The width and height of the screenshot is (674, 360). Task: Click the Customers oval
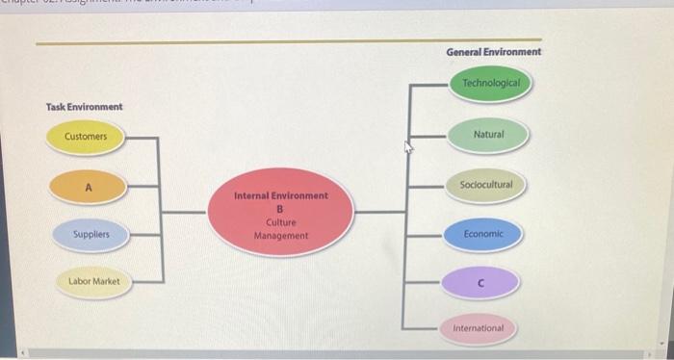coord(86,137)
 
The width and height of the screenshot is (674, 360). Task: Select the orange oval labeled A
coord(88,188)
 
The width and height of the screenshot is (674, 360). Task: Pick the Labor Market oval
coord(93,281)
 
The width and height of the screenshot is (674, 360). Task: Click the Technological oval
coord(490,84)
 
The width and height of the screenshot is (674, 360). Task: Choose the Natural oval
coord(488,134)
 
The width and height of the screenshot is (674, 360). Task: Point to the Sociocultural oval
coord(486,184)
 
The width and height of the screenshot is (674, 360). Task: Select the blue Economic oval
coord(482,234)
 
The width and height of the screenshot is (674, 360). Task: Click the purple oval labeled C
coord(480,282)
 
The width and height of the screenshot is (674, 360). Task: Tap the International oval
coord(479,328)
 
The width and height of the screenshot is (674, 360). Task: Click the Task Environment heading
coord(84,106)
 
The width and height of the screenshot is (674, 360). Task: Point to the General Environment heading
coord(493,51)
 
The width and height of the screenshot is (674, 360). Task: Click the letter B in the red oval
coord(280,208)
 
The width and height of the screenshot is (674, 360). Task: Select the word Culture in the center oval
coord(281,221)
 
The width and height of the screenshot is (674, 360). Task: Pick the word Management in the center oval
coord(281,235)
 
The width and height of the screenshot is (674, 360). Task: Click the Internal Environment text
coord(281,195)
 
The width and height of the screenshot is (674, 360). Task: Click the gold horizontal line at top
coord(231,42)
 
